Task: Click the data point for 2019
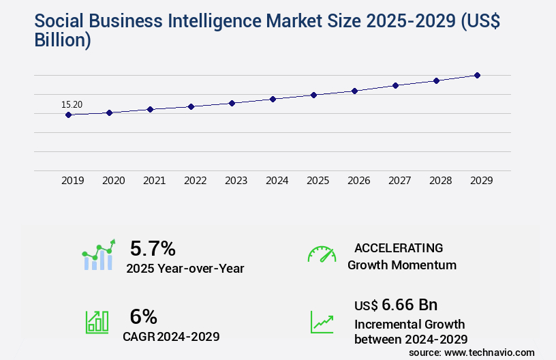click(x=68, y=115)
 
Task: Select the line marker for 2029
click(x=477, y=75)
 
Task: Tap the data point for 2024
click(x=273, y=99)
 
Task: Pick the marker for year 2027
click(x=395, y=85)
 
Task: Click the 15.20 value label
click(x=72, y=104)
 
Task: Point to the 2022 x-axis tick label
click(x=196, y=181)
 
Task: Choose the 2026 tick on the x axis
click(x=359, y=181)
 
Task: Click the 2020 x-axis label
click(x=114, y=181)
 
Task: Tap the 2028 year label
click(x=441, y=181)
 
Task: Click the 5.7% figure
click(x=153, y=247)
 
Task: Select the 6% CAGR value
click(x=143, y=316)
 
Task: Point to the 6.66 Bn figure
click(x=410, y=304)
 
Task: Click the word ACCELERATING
click(x=399, y=247)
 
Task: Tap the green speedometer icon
click(x=322, y=254)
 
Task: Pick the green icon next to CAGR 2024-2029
click(x=97, y=322)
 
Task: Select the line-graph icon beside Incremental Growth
click(x=322, y=322)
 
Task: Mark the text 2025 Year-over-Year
click(x=185, y=269)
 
